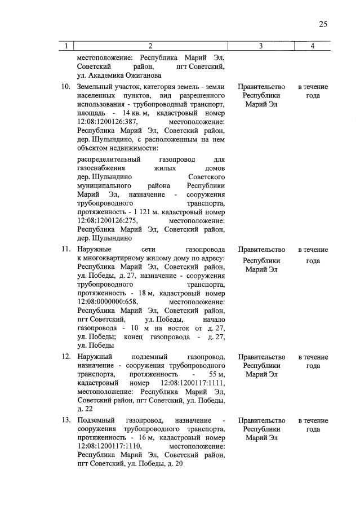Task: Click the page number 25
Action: [323, 24]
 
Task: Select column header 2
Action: [150, 46]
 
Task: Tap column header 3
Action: [261, 46]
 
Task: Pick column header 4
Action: [312, 46]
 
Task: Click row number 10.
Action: [65, 87]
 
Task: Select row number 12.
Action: [65, 357]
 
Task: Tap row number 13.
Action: [65, 421]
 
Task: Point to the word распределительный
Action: [108, 160]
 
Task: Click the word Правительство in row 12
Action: [261, 357]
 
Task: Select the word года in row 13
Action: [313, 429]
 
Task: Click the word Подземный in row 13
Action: [95, 421]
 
